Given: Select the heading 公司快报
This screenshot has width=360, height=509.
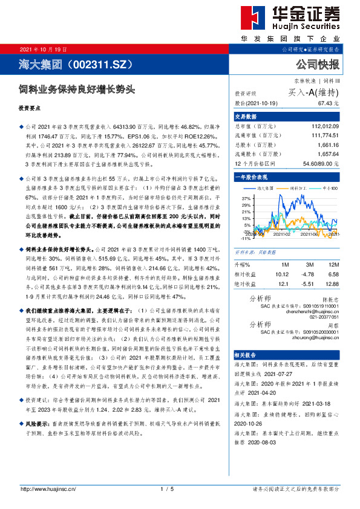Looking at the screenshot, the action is (317, 63).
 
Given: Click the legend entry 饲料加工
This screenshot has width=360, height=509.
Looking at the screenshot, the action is (299, 189).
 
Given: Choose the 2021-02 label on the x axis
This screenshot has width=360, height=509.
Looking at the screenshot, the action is (282, 234).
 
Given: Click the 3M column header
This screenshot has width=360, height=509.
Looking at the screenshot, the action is (309, 265).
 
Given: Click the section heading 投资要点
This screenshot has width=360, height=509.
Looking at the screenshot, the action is (30, 109).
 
